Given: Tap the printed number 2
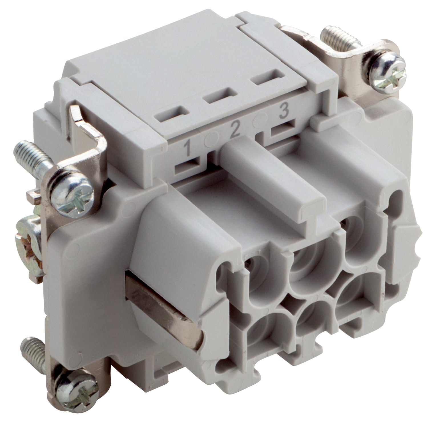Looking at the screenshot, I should tap(235, 129).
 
